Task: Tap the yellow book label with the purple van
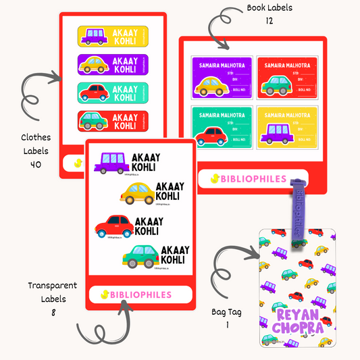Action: (x=286, y=126)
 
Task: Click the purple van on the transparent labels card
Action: (x=110, y=162)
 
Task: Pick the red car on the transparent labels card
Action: (x=113, y=224)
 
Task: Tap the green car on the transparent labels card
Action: (x=140, y=256)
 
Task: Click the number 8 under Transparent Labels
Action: (x=52, y=313)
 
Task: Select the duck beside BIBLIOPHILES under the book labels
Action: (x=215, y=179)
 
